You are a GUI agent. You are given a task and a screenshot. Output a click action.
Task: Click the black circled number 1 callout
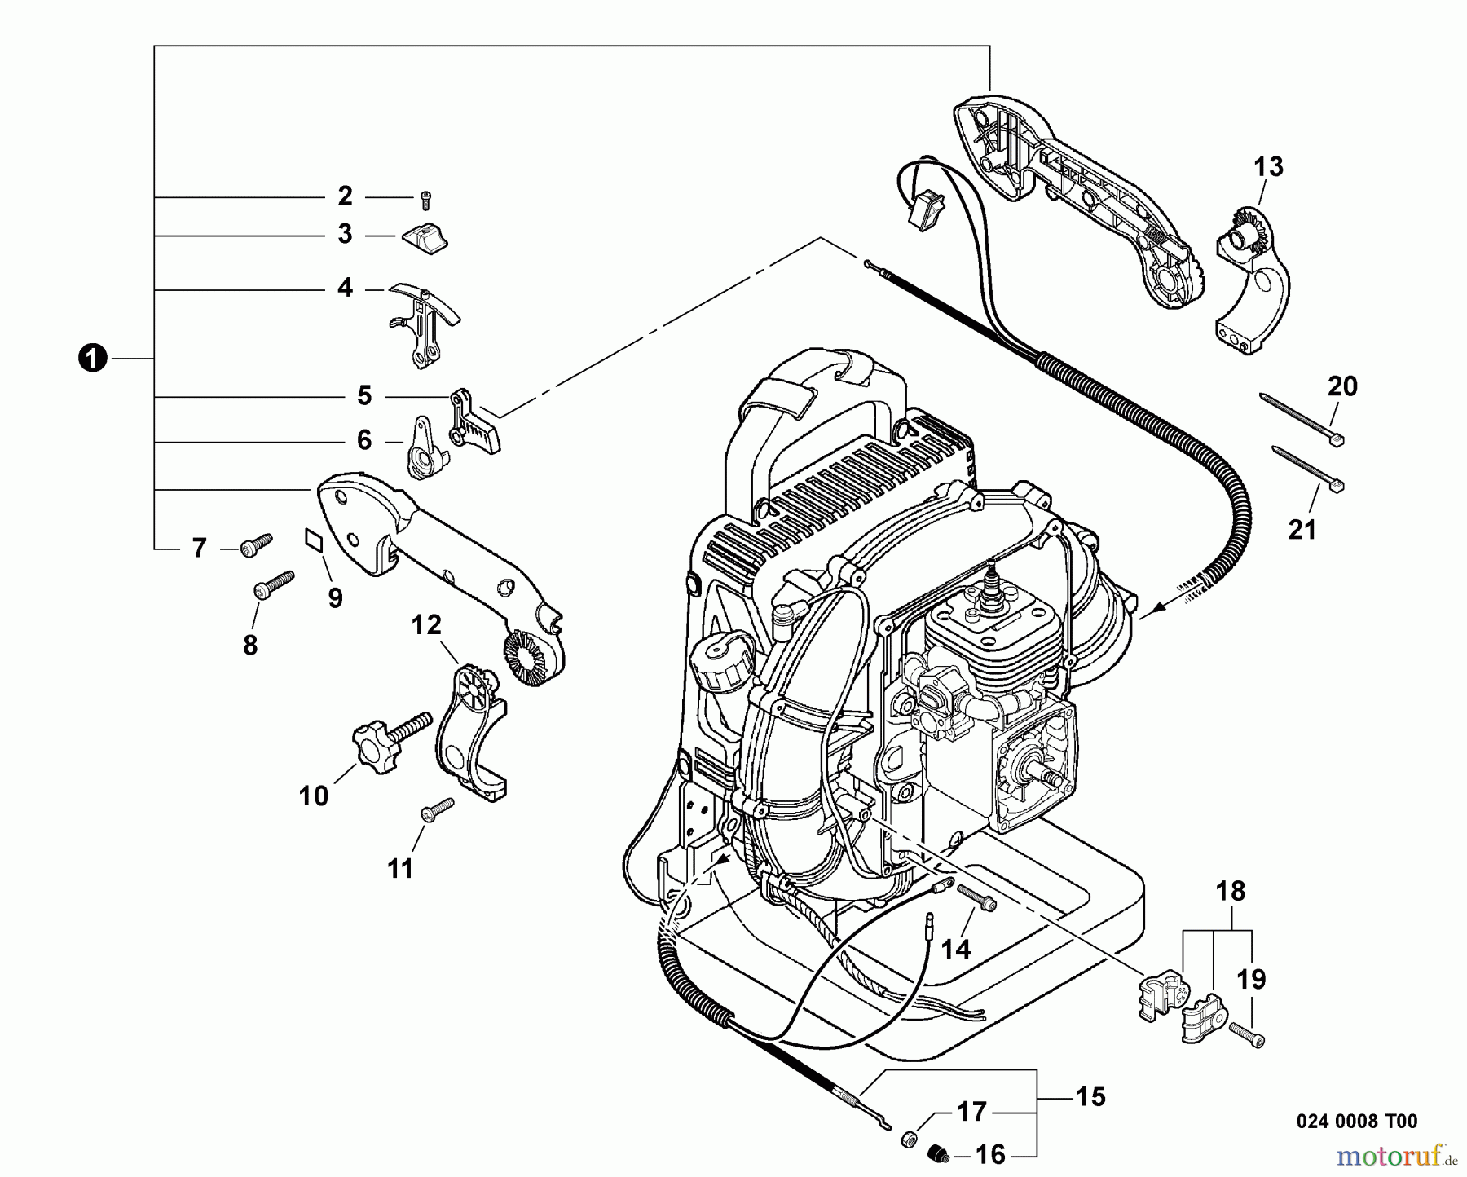point(94,359)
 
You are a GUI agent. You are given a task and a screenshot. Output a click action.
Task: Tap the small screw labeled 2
point(425,197)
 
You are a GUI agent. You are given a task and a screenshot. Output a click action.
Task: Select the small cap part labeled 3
point(425,236)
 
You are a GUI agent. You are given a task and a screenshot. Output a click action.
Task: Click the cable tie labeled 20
point(1301,418)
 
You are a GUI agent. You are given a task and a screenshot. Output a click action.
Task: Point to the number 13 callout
point(1268,167)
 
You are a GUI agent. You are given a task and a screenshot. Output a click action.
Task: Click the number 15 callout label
point(1090,1096)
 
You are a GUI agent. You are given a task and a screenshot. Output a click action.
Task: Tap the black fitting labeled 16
point(938,1153)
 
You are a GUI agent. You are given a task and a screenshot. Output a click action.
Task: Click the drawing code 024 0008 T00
point(1356,1122)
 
